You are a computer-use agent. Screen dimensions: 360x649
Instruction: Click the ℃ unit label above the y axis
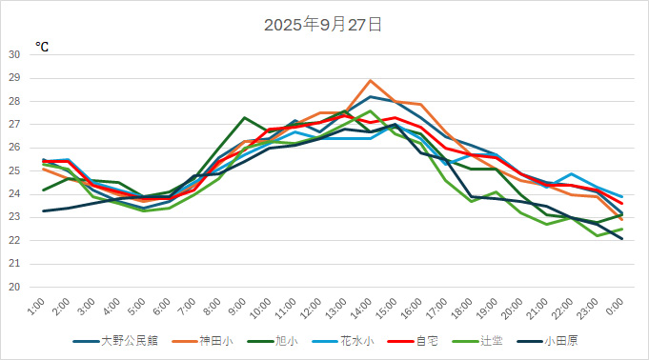pos(42,46)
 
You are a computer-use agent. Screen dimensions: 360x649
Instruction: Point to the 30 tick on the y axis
pos(14,54)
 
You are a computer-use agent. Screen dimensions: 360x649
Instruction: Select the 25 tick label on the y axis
pos(14,170)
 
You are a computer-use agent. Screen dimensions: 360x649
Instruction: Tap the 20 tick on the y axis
pos(14,287)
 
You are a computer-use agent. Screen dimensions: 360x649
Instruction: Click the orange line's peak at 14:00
pos(371,80)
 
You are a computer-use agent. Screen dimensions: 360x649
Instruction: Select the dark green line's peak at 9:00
pos(245,117)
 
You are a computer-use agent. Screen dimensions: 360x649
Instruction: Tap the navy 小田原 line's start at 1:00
pos(44,210)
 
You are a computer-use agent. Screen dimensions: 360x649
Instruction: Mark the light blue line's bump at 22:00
pos(571,173)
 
